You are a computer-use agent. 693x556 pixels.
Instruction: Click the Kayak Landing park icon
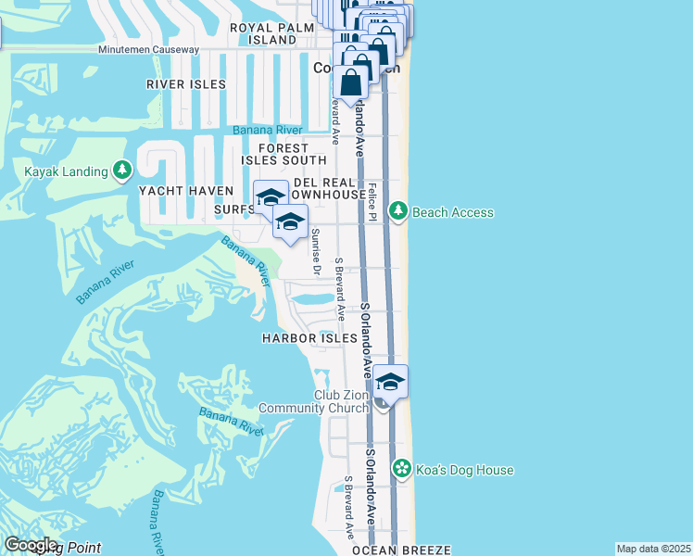[x=121, y=171]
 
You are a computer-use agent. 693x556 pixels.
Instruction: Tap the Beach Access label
[x=453, y=212]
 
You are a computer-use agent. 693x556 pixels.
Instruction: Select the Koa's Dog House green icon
[x=401, y=469]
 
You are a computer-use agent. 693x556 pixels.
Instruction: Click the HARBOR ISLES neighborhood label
[x=309, y=338]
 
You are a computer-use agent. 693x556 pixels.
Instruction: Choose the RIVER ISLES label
[x=185, y=84]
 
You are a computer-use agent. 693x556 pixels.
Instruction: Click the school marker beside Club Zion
[x=390, y=383]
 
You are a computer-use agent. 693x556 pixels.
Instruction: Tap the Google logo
[x=30, y=544]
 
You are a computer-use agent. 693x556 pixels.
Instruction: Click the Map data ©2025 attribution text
[x=653, y=549]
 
